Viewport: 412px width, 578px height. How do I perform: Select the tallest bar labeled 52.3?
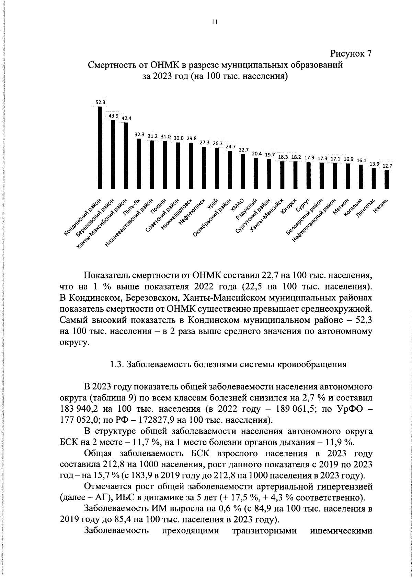[x=100, y=148]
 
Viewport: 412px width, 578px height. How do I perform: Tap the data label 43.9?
[x=114, y=116]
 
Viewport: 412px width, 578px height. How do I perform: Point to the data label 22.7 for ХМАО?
[x=244, y=150]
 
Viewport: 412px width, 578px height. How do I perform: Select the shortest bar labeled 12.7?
[x=387, y=179]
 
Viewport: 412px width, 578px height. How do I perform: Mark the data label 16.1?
[x=362, y=160]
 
